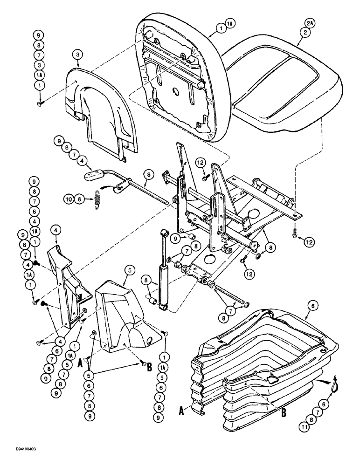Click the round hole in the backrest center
click(176, 91)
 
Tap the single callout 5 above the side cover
click(129, 269)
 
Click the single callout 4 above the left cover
click(55, 229)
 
